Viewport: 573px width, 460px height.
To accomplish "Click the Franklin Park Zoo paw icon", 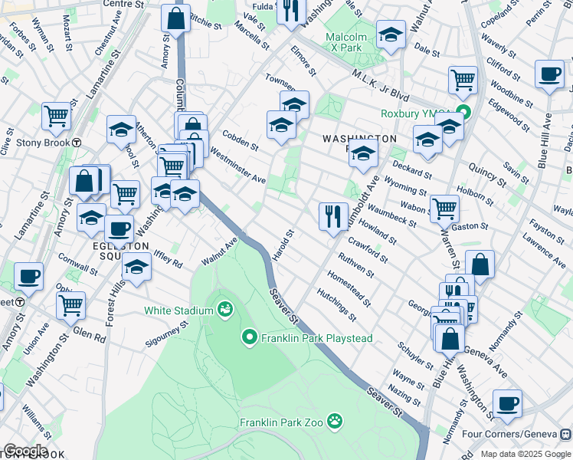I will (335, 421).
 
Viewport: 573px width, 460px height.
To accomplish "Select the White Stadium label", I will (178, 310).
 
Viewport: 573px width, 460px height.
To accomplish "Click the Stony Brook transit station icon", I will (77, 143).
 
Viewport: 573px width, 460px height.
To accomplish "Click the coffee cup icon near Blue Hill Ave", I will (549, 74).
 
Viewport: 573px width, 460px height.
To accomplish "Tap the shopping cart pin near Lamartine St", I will (57, 117).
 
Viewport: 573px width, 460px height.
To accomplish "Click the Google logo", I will (25, 451).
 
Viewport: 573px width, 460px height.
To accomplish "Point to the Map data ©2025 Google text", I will (525, 454).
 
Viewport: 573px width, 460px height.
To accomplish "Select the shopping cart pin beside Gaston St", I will (444, 208).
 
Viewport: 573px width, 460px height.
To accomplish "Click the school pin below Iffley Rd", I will (137, 269).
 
